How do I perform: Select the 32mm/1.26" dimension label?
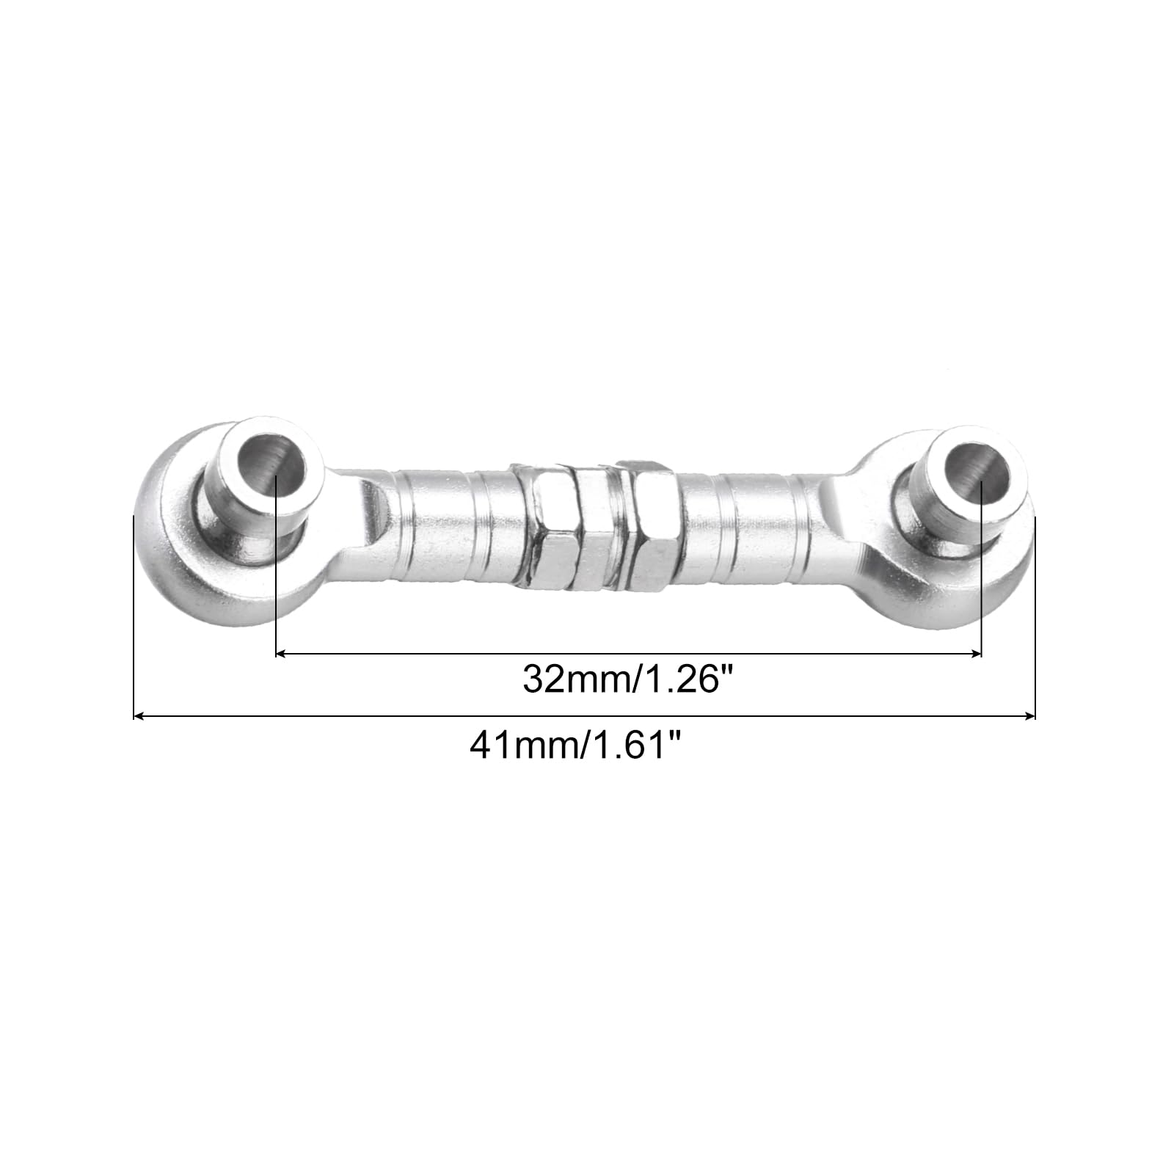[628, 679]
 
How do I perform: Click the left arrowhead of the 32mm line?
[281, 652]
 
